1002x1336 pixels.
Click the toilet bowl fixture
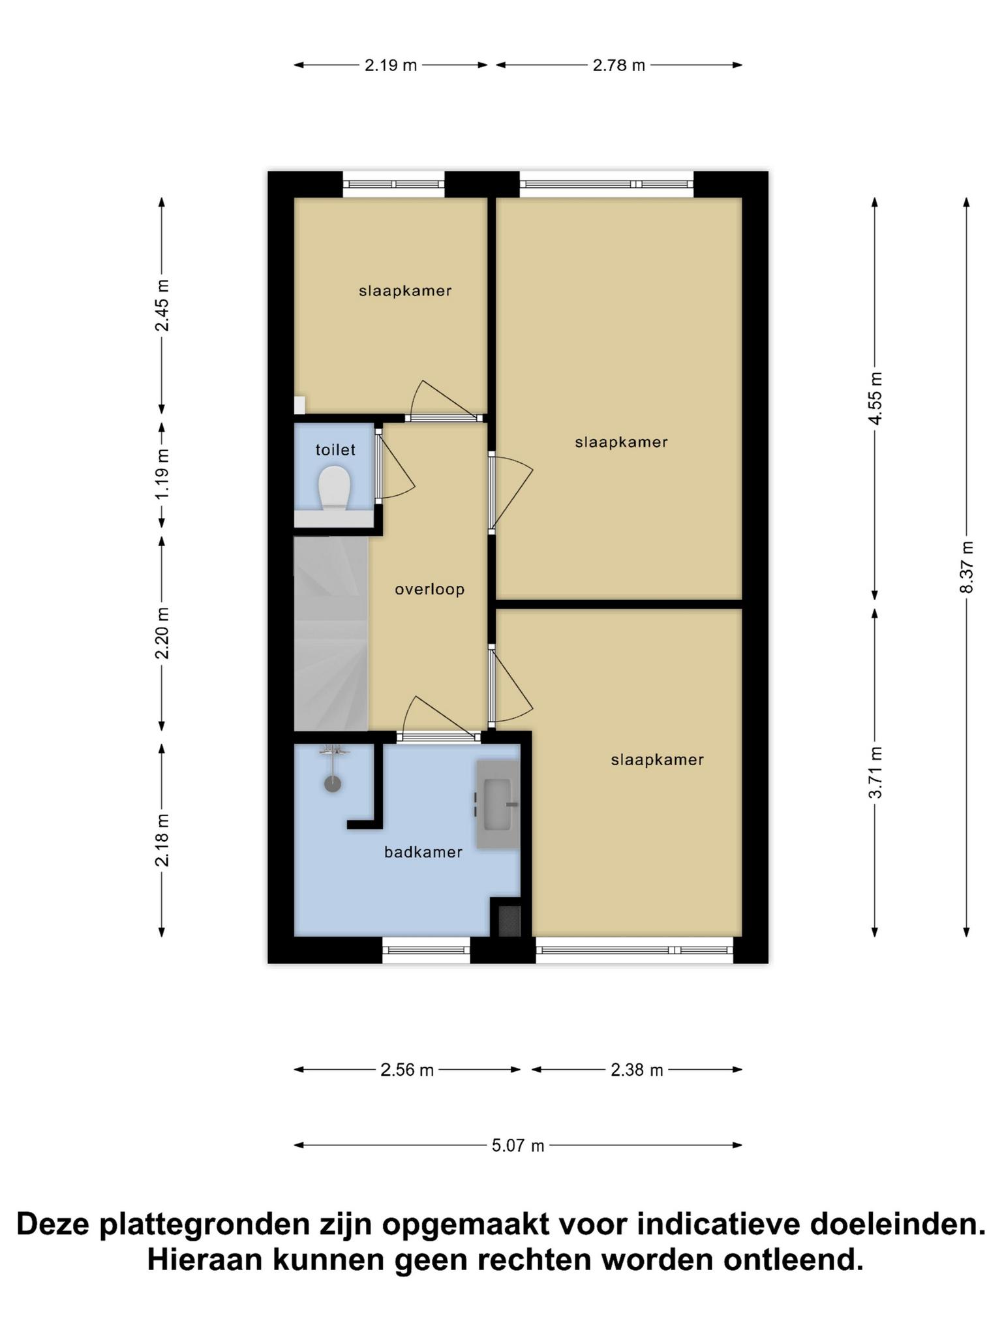click(335, 489)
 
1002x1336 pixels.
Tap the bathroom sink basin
click(498, 804)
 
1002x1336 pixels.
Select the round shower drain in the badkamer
click(333, 783)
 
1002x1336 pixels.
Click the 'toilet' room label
click(335, 449)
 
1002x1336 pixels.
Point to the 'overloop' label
click(430, 590)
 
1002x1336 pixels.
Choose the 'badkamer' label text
click(423, 852)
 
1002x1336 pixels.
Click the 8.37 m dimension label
click(966, 567)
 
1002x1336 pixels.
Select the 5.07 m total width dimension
click(518, 1145)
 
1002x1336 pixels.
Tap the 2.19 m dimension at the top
click(390, 65)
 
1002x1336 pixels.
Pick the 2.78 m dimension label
click(618, 65)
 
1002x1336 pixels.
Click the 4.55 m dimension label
click(875, 398)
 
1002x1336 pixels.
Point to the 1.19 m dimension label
click(162, 474)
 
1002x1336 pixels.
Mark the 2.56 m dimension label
click(407, 1070)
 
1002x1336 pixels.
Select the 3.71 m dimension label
click(875, 772)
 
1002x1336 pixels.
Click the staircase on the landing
click(331, 633)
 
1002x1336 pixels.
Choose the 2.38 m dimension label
click(637, 1070)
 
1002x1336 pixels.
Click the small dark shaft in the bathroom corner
click(509, 920)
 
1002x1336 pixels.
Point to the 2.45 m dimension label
click(162, 305)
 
